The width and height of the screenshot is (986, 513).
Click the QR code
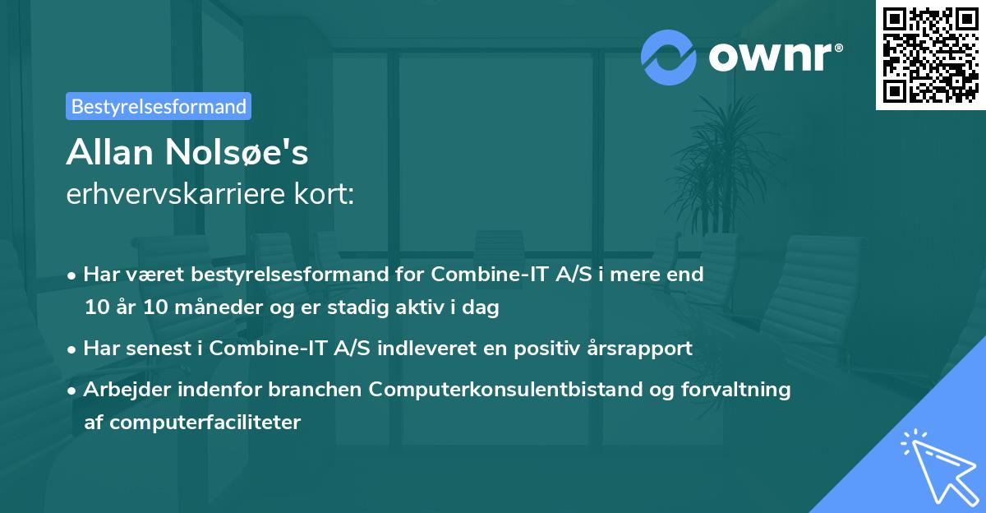click(930, 55)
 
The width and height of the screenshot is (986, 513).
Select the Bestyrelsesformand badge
click(159, 106)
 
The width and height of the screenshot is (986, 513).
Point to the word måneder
click(193, 308)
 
